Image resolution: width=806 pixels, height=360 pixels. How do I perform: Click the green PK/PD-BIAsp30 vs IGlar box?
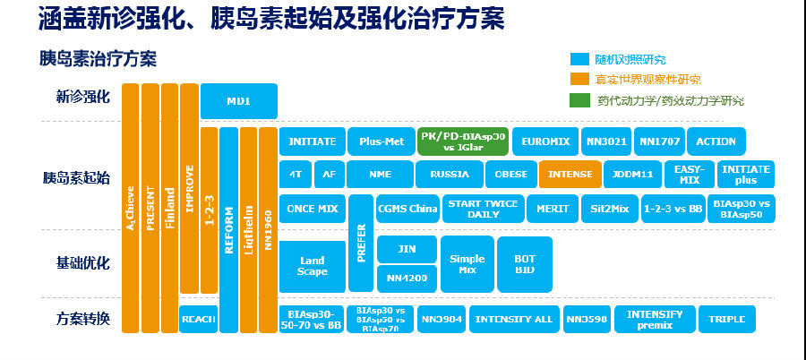coord(462,142)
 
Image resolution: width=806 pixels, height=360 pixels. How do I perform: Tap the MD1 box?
coord(238,101)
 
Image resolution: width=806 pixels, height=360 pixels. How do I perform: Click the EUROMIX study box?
coord(545,142)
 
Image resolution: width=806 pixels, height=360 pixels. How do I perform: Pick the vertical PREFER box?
coord(360,242)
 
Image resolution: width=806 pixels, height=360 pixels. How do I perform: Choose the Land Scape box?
coord(312,266)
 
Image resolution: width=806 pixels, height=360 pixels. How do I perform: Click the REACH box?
coord(198,319)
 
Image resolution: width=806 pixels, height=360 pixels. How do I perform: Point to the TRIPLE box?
coord(726,319)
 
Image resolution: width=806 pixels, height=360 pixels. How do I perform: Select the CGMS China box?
coord(407,209)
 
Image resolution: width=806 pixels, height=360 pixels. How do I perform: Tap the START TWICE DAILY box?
coord(482,209)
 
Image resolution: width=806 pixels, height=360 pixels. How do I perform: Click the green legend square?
coord(579,99)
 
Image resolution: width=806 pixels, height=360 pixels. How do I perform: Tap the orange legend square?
coord(579,80)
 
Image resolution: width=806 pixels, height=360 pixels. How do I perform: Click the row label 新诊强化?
coord(82,97)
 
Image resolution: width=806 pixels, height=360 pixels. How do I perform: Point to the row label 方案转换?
coord(82,319)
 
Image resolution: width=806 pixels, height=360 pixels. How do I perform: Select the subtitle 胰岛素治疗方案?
coord(98,59)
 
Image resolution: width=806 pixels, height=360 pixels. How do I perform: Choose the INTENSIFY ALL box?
coord(513,319)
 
